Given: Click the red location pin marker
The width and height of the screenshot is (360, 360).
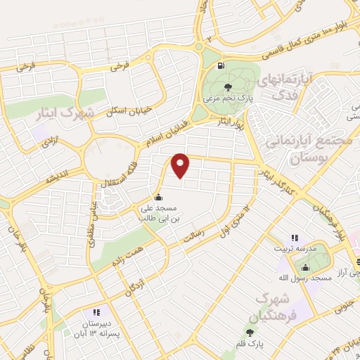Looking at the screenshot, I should point(181,165).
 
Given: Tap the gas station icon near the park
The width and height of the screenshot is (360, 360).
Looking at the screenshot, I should point(223,67).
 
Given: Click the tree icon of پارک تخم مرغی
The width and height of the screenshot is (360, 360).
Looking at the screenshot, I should point(226,87).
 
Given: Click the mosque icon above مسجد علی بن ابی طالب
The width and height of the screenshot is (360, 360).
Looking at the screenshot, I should point(158,197).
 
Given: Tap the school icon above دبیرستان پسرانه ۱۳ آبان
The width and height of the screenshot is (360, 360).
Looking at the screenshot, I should point(96,313).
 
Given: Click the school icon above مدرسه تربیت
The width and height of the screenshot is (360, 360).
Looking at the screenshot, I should point(295,238).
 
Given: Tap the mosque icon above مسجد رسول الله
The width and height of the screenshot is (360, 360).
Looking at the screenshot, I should point(306,267).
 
